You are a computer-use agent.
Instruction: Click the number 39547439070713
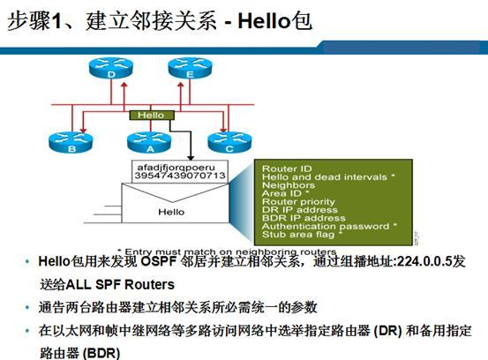(177, 176)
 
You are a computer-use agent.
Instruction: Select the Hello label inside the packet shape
(171, 212)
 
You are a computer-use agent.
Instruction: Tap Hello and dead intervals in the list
(324, 177)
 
